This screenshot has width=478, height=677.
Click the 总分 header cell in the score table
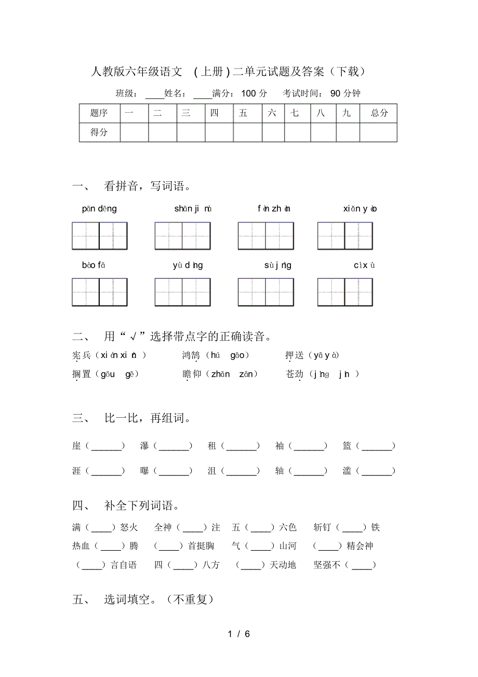[x=379, y=113]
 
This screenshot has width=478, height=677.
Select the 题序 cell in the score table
[x=99, y=113]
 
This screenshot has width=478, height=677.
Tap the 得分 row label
[x=99, y=132]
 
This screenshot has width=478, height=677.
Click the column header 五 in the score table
[x=243, y=113]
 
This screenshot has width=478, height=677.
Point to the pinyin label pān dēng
[x=99, y=209]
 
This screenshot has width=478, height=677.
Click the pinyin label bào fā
[x=94, y=266]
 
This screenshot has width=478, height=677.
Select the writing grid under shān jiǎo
[x=182, y=236]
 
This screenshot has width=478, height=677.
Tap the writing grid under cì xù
[x=345, y=292]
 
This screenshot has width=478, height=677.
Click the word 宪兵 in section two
[x=82, y=355]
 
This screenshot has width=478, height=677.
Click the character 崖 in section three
[x=77, y=446]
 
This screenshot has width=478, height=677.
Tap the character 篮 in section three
[x=347, y=446]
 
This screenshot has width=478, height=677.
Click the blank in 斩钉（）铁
[x=352, y=528]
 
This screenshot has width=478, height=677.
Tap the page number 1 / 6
[x=239, y=634]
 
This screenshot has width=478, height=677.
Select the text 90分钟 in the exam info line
[x=345, y=94]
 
